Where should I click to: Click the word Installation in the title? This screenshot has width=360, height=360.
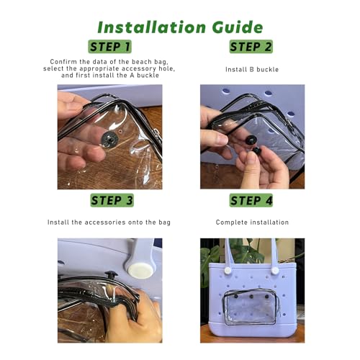coord(152,27)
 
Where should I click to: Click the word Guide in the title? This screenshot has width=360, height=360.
coord(238,27)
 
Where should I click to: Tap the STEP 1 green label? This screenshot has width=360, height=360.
coord(110,47)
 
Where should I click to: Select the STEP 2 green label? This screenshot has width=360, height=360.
coord(251,47)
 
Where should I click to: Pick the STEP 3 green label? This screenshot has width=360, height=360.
coord(112,200)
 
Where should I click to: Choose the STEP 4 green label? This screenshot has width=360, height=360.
coord(251,200)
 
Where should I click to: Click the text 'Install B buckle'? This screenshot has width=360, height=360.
coord(252,70)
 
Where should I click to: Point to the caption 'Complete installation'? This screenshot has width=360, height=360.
coord(252,222)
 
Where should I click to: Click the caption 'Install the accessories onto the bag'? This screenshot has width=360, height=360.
coord(109,222)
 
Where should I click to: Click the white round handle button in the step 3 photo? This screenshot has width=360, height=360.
coord(140,271)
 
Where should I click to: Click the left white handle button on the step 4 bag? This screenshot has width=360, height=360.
coord(228,271)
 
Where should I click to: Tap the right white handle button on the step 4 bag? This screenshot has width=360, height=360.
coord(275,271)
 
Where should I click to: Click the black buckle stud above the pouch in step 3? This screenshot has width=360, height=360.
coord(111,274)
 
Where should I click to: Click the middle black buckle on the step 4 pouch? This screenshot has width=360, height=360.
coord(251,297)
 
